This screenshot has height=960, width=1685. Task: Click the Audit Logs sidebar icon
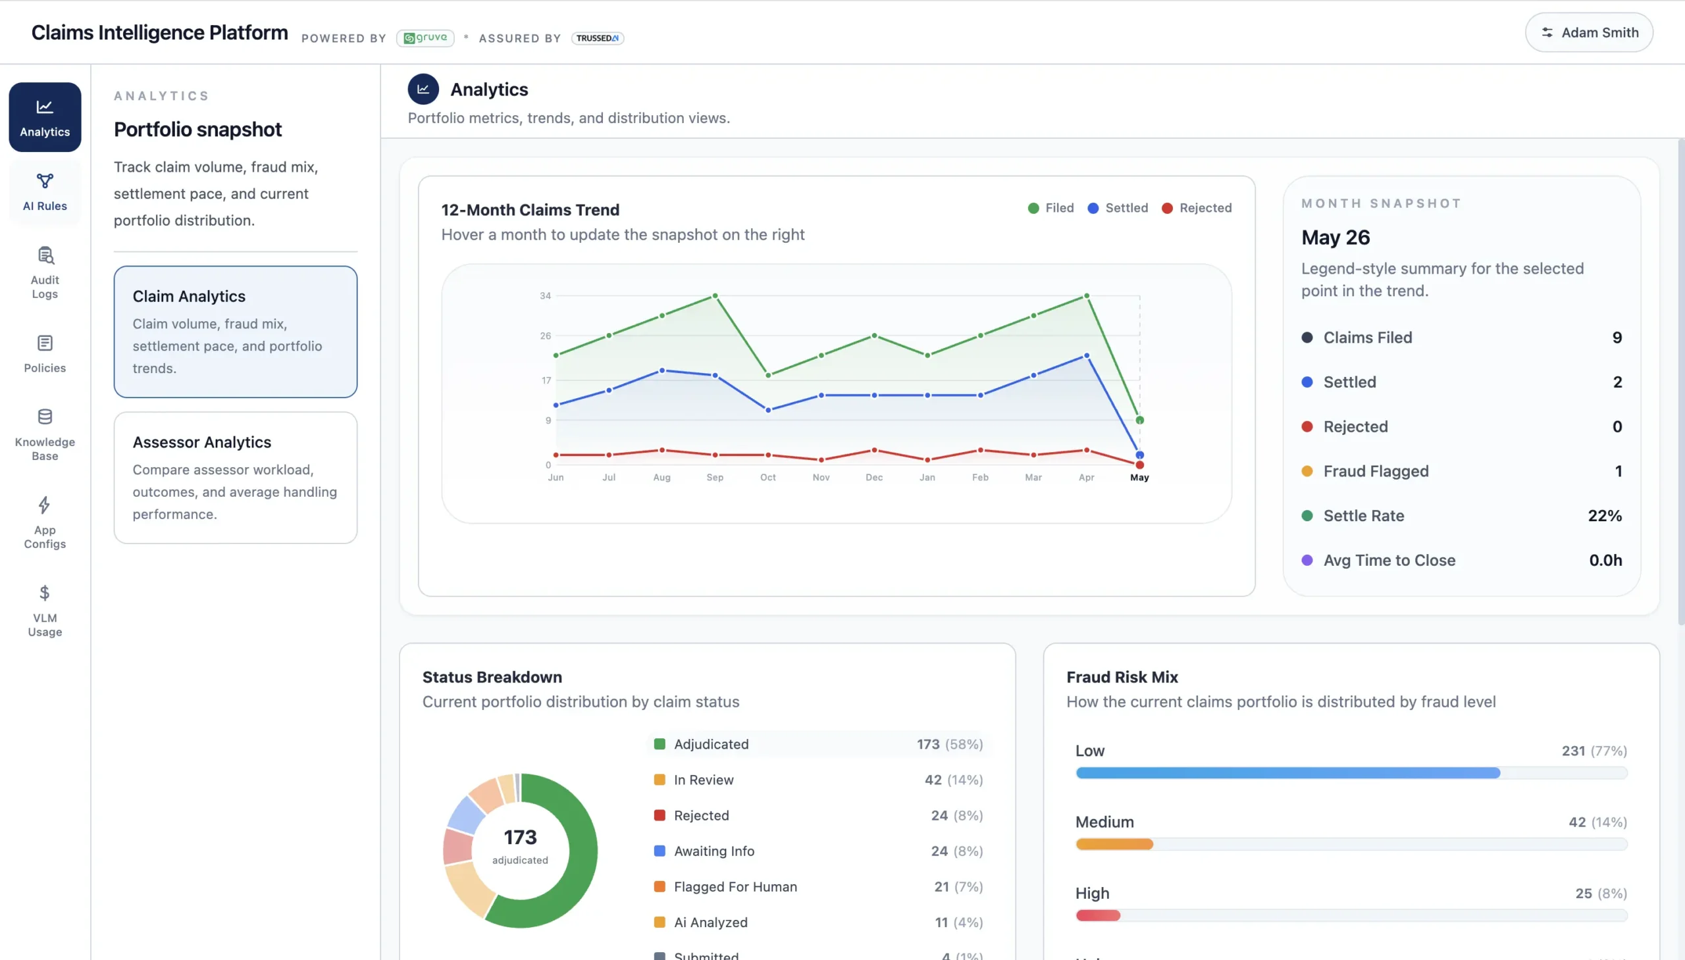(x=45, y=255)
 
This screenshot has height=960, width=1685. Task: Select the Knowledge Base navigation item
(x=45, y=434)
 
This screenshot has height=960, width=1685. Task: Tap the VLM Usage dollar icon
(x=44, y=593)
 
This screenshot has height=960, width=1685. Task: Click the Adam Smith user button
(x=1589, y=32)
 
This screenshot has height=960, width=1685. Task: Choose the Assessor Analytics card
(x=236, y=477)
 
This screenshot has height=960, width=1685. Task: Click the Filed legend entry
(x=1050, y=208)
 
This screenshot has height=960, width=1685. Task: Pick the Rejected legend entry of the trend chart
(x=1197, y=208)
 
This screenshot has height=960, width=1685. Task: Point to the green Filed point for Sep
(x=715, y=296)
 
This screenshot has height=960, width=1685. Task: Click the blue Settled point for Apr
(x=1086, y=356)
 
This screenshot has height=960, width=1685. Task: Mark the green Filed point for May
(x=1139, y=420)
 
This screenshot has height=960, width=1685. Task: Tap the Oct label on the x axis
(x=767, y=477)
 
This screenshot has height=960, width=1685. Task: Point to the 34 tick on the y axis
(x=545, y=295)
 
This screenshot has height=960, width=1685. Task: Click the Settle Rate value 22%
(x=1605, y=516)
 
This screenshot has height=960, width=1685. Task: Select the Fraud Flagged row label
(x=1376, y=470)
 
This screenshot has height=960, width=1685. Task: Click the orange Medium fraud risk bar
(x=1114, y=844)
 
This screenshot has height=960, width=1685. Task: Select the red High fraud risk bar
(x=1098, y=915)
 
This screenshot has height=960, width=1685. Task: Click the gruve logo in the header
(x=425, y=38)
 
